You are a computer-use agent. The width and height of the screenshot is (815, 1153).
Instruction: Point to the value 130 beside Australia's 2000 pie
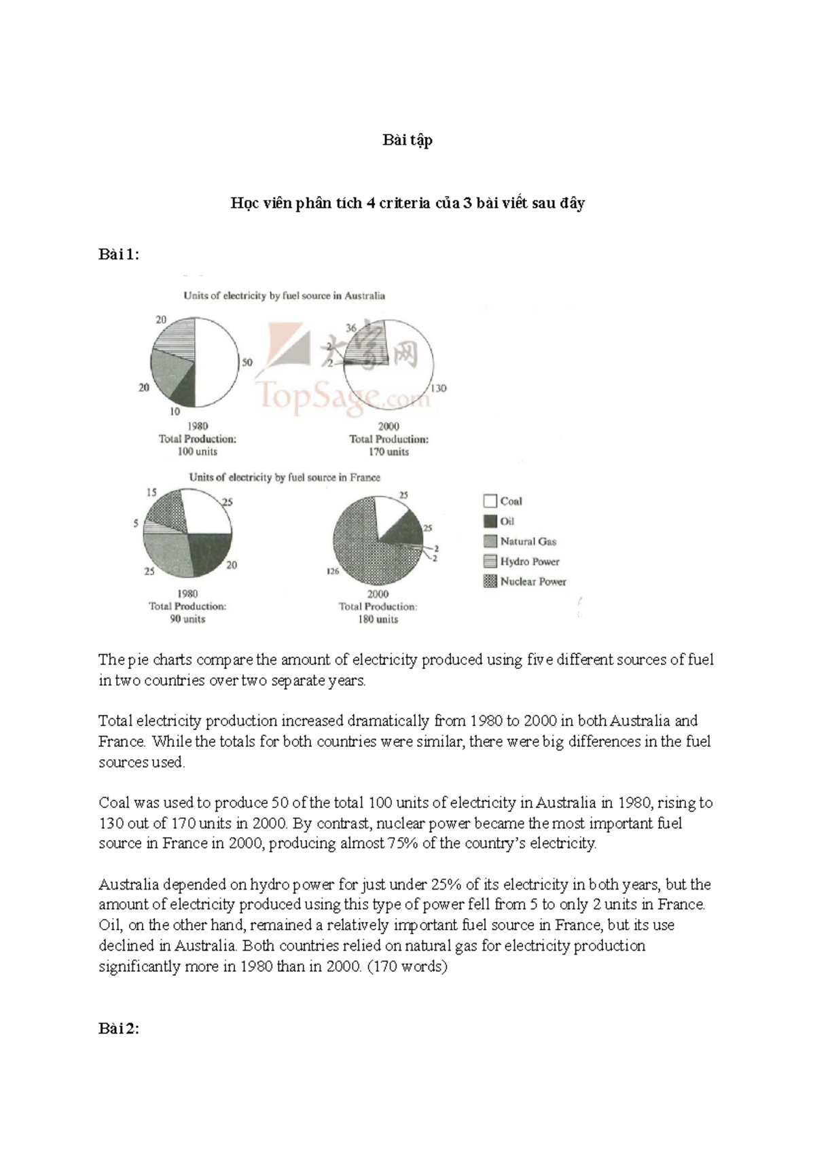coord(438,388)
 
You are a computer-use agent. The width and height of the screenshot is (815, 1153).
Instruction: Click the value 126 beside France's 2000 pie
coord(332,572)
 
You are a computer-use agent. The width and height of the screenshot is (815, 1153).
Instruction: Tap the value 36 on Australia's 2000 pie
coord(351,328)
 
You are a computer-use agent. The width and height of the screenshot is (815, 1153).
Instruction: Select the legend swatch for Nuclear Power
coord(490,581)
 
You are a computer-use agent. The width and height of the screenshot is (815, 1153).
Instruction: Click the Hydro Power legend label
coord(530,562)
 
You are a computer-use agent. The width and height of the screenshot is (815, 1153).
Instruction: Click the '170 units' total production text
coord(388,452)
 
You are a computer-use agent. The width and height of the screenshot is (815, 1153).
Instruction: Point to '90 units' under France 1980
coord(187,619)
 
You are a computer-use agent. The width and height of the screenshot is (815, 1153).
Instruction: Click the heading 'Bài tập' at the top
coord(407,141)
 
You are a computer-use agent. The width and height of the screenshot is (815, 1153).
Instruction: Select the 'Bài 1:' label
coord(119,255)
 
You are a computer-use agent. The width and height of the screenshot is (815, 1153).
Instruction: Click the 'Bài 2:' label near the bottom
coord(119,1029)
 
